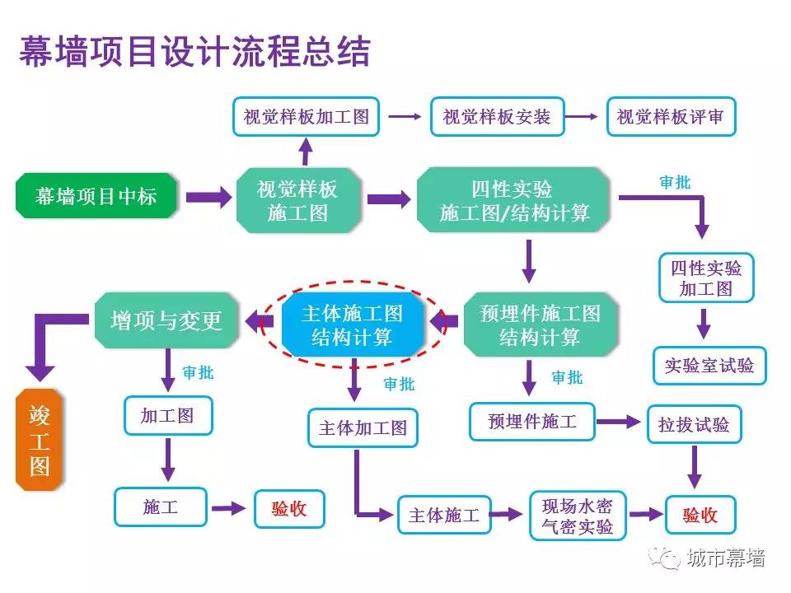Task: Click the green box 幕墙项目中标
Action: click(x=96, y=196)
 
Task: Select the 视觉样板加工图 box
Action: click(x=306, y=117)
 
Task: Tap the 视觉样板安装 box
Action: click(x=496, y=117)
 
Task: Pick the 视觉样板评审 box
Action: click(x=670, y=117)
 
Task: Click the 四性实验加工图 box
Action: click(x=705, y=278)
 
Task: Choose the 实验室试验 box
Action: click(x=709, y=365)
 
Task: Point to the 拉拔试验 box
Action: click(x=694, y=425)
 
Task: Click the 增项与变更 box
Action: click(x=166, y=320)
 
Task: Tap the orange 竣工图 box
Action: click(x=40, y=440)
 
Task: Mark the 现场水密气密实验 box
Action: click(x=577, y=515)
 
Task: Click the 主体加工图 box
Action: click(x=363, y=428)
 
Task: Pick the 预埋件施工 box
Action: click(x=532, y=423)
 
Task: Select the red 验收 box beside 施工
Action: click(x=288, y=508)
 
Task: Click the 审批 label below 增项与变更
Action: click(x=198, y=373)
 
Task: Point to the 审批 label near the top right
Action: click(x=675, y=183)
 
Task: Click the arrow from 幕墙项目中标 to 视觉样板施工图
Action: click(x=208, y=197)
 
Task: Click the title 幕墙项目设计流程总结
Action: click(x=194, y=51)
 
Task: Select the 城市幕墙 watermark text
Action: click(x=725, y=558)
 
